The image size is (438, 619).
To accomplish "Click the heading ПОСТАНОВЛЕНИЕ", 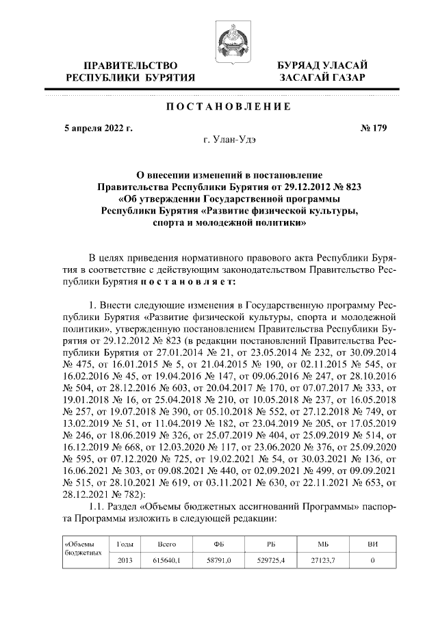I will coord(218,107).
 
